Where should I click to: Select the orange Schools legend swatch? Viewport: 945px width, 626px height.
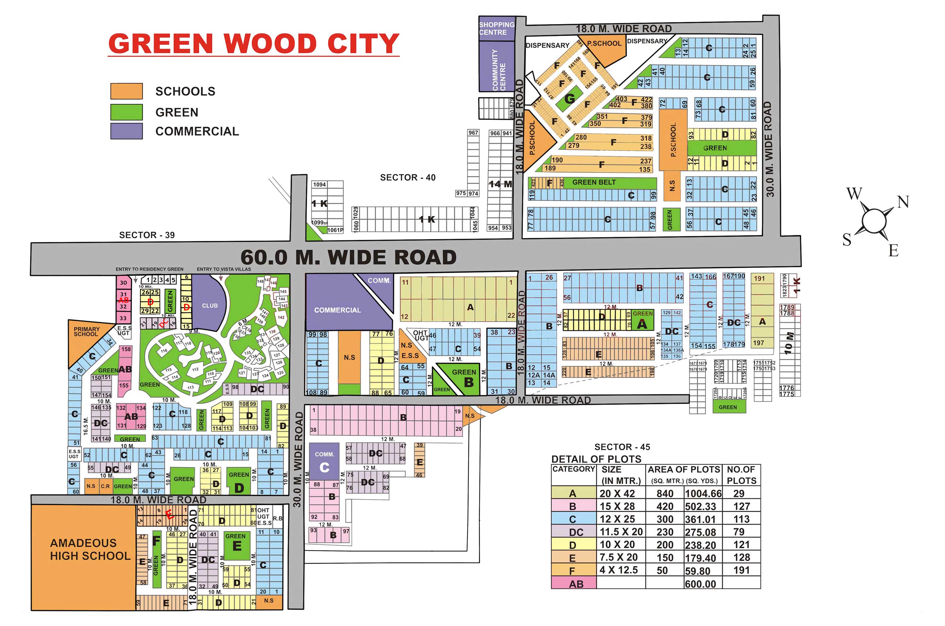pyautogui.click(x=126, y=91)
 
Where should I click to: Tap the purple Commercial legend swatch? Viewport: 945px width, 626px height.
pyautogui.click(x=126, y=131)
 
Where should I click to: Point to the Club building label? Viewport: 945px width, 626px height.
pyautogui.click(x=210, y=306)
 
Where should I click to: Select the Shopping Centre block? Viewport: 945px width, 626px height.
pyautogui.click(x=496, y=28)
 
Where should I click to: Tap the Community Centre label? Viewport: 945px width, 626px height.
pyautogui.click(x=498, y=70)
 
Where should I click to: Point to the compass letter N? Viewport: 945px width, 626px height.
pyautogui.click(x=903, y=202)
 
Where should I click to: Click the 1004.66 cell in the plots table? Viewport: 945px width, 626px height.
pyautogui.click(x=703, y=494)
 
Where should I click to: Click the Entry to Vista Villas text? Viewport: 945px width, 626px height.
pyautogui.click(x=224, y=269)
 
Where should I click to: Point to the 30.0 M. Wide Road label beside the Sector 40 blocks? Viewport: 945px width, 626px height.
pyautogui.click(x=770, y=149)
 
